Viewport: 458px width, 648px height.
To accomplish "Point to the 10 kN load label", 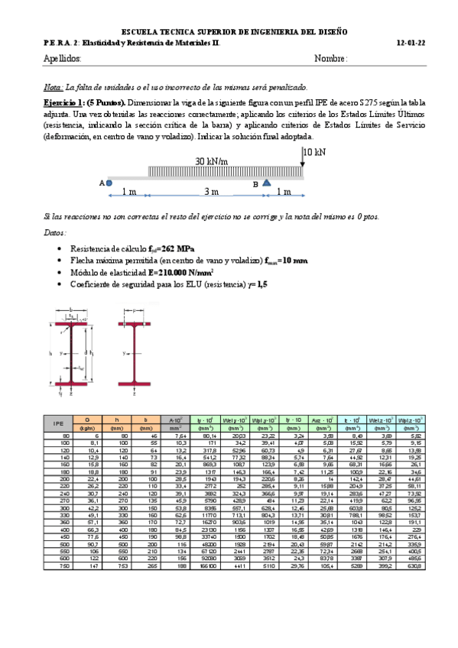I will coord(313,152).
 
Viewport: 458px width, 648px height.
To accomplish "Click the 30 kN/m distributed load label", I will coord(212,161).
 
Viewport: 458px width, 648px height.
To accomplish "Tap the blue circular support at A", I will coord(109,183).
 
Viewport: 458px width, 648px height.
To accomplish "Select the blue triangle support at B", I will coord(265,183).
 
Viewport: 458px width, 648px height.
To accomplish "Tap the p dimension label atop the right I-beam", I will coord(134,311).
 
